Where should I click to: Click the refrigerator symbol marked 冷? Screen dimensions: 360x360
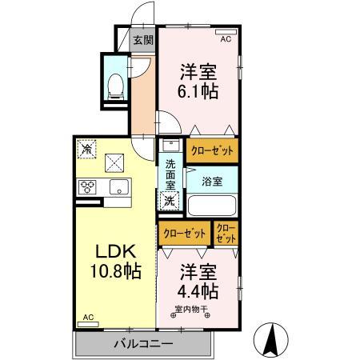[x=86, y=149]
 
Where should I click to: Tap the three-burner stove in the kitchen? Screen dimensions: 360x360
[x=88, y=188]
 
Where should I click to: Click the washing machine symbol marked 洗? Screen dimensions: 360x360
[x=170, y=201]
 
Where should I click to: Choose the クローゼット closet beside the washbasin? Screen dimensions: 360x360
[x=211, y=150]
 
